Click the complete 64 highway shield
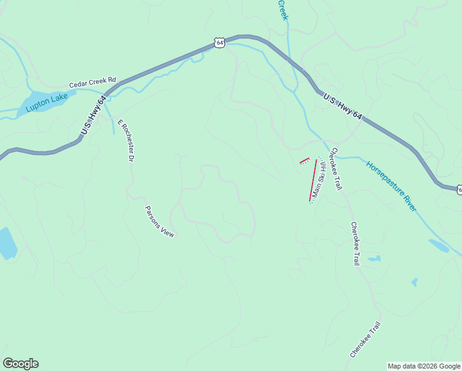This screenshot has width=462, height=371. click(219, 41)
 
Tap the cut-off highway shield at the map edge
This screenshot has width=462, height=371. click(460, 189)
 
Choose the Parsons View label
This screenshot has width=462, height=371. click(160, 221)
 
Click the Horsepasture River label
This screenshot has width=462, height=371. click(392, 186)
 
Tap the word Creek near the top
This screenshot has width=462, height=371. click(283, 10)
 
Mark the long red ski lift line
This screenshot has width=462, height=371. click(313, 180)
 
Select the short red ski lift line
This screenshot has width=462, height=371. click(304, 161)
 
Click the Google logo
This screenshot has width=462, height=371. click(20, 364)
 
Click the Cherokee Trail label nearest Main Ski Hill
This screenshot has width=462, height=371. click(336, 169)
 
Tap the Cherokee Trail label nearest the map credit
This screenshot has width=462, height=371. click(365, 339)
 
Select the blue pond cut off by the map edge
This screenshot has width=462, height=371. click(7, 243)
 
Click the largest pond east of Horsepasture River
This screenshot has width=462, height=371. click(439, 245)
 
